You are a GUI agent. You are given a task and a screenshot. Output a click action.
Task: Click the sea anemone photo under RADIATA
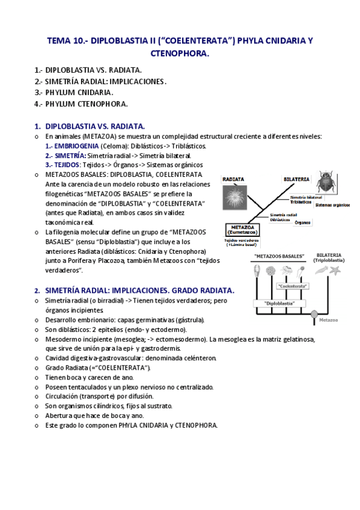click(236, 197)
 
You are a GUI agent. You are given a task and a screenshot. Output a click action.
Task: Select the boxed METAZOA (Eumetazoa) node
click(243, 230)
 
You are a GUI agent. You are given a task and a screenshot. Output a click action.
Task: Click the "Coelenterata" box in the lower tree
click(292, 286)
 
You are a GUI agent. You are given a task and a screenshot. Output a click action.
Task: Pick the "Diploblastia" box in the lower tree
click(279, 304)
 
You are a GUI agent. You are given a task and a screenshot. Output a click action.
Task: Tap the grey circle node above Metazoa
click(314, 313)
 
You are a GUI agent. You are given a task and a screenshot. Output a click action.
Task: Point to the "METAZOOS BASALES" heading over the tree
click(279, 256)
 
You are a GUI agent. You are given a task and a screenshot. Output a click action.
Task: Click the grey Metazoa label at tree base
click(329, 320)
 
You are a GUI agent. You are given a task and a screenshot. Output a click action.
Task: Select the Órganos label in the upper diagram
click(302, 222)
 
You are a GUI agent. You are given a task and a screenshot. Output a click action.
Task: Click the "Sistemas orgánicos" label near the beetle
click(332, 205)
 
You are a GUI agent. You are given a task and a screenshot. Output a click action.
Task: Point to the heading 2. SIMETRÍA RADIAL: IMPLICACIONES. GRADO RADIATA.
click(134, 290)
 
